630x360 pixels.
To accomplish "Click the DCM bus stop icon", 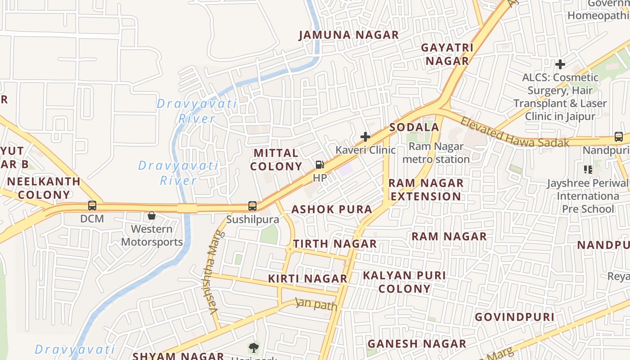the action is coord(92,206).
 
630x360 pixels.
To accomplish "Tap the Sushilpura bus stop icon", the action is coord(252,206).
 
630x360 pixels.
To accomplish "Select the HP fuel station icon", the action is coord(319,165).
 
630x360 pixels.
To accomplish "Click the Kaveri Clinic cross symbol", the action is coord(365,136).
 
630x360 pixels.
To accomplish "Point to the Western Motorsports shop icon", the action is coord(152,216).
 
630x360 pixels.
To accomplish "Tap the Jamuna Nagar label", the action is coord(349,35).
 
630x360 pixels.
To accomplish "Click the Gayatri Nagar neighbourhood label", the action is coord(447,54).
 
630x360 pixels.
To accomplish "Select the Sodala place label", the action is coord(414,127).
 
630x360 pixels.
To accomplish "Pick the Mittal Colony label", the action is coord(276,160).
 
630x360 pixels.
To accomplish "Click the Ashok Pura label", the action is coord(332,209).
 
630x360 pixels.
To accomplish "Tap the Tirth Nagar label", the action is coord(335,244).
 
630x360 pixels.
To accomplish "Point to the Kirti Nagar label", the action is coord(307,279).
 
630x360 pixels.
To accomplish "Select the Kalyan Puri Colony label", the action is coord(404,282).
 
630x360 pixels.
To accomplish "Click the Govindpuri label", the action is coord(514,317).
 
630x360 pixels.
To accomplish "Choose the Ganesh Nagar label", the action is coord(417,344).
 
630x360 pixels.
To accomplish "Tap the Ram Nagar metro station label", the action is coord(436,153).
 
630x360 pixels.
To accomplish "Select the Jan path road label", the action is coord(316,305).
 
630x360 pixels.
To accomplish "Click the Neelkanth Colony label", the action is coord(44,188).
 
